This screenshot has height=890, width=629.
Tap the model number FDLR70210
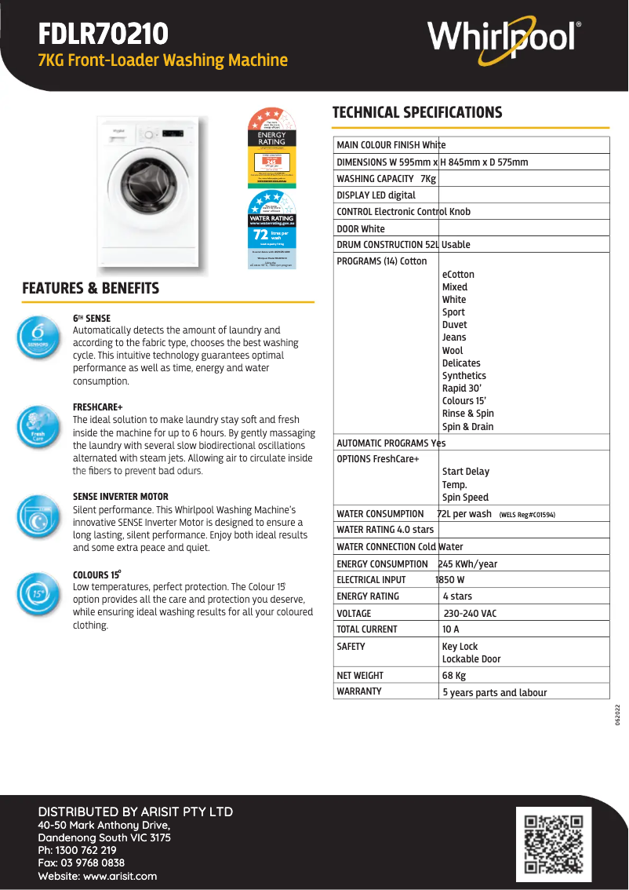point(103,34)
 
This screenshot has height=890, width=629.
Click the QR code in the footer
point(553,843)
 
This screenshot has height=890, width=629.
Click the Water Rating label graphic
point(271,231)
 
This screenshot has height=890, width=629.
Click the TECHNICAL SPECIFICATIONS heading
point(417,112)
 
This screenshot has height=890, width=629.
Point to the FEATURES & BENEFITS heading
point(91,288)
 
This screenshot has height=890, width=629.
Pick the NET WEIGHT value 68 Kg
point(454,675)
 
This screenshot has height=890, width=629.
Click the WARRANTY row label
point(359,691)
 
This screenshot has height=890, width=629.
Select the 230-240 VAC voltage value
point(470,613)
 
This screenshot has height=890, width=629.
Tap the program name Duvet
point(454,325)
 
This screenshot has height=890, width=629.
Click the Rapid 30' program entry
point(461,388)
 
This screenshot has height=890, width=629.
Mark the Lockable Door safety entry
point(471,659)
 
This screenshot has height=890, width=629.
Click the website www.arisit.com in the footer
point(120,876)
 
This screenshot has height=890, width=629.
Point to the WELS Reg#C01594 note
point(527,515)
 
